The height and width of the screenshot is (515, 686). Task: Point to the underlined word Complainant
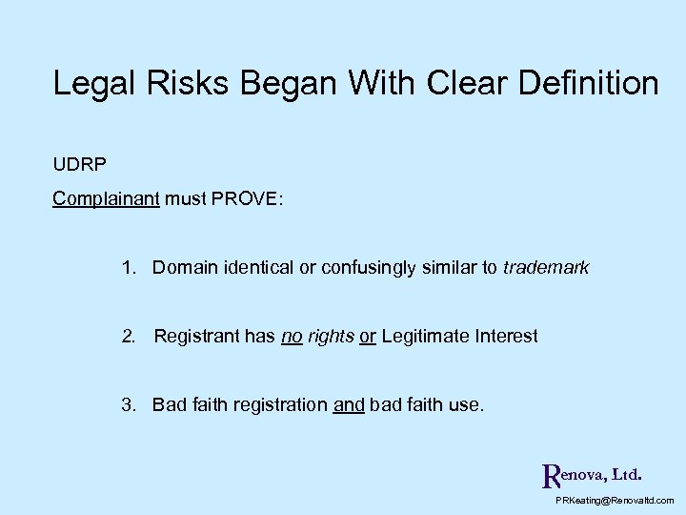pyautogui.click(x=106, y=199)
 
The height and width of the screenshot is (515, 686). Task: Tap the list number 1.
pyautogui.click(x=128, y=268)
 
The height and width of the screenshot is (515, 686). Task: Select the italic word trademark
pyautogui.click(x=546, y=268)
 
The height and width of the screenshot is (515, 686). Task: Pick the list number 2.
pyautogui.click(x=128, y=336)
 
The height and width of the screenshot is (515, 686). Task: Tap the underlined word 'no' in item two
pyautogui.click(x=292, y=336)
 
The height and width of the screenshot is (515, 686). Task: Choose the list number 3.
pyautogui.click(x=128, y=404)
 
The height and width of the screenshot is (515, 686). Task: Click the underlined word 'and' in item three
pyautogui.click(x=349, y=404)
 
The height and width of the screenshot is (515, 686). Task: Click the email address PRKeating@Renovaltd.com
pyautogui.click(x=614, y=500)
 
